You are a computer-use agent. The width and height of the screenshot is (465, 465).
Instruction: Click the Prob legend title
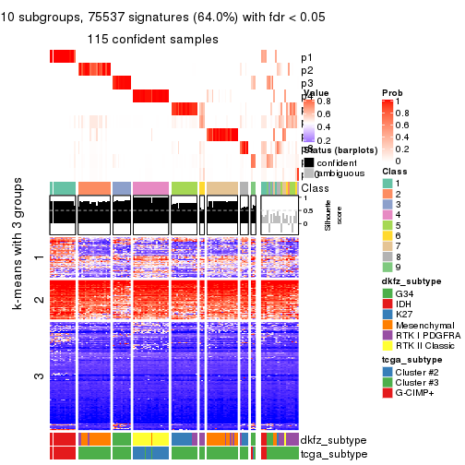(392, 93)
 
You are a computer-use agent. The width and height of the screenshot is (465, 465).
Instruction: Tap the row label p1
(306, 57)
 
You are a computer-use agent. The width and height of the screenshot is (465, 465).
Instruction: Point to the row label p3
(306, 83)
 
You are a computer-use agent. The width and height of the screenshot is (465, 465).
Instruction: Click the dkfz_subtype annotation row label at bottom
(334, 440)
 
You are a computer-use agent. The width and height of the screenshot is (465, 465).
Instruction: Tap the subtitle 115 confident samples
(152, 40)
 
